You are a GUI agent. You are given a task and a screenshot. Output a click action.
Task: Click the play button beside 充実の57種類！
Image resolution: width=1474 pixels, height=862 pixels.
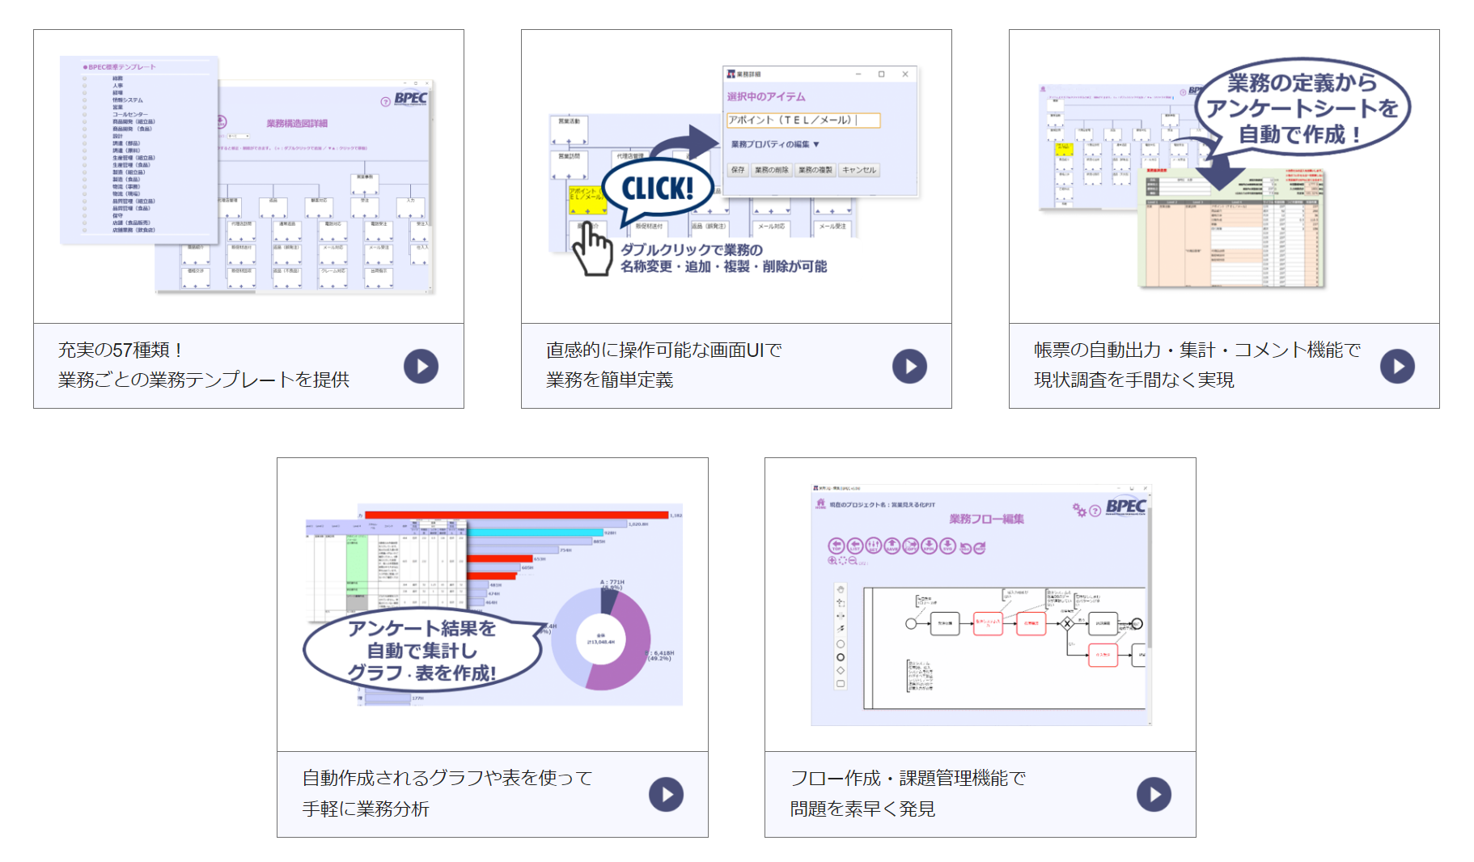421,367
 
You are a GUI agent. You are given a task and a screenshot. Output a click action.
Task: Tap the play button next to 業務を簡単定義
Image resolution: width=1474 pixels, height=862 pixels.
909,367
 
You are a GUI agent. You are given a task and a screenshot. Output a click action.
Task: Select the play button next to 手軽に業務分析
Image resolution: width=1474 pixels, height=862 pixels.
666,795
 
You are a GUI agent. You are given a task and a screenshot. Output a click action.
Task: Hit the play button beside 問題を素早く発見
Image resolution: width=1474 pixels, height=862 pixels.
1154,795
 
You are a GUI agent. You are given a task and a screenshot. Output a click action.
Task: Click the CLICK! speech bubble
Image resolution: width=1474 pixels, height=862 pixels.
657,189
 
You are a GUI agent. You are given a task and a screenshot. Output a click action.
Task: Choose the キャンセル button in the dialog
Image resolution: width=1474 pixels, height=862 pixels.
858,170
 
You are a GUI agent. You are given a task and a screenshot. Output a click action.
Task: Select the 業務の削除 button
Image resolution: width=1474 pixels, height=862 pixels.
771,170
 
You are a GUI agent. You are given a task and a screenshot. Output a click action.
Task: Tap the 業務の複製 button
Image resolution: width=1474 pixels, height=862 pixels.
815,170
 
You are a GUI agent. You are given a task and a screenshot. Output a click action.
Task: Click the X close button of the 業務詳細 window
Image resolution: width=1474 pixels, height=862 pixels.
905,74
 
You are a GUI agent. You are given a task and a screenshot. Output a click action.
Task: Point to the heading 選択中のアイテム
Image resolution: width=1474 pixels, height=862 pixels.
765,96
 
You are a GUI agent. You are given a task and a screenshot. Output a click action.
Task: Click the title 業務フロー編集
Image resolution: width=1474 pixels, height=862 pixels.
986,519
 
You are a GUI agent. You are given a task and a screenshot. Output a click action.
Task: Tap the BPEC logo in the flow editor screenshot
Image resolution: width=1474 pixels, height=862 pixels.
1125,507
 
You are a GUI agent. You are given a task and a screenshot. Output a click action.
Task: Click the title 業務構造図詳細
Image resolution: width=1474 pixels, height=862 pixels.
297,124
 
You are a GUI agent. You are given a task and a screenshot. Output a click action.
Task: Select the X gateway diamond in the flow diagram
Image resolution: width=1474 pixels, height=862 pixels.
1067,623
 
